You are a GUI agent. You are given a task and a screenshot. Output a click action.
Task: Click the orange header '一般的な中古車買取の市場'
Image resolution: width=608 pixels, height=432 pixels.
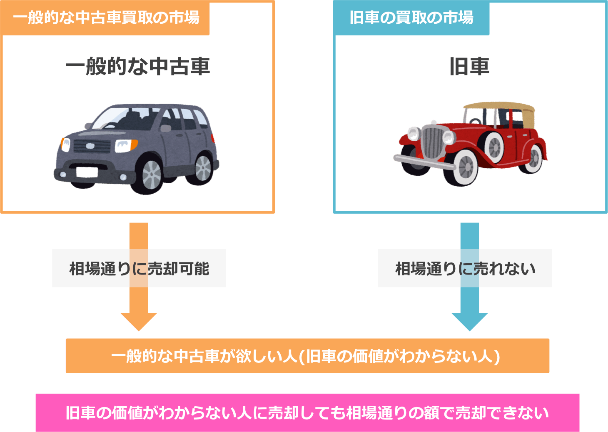pos(106,18)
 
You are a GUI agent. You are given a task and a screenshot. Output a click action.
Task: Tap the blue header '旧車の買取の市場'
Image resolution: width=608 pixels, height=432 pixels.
pos(411,18)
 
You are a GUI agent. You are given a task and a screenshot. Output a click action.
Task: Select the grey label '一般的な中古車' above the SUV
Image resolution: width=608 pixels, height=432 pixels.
pos(138,67)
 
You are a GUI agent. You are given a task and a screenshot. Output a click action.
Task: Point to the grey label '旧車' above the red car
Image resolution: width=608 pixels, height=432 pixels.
pos(469,67)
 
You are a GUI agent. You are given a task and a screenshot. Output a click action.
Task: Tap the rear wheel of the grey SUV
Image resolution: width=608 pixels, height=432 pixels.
pos(203,168)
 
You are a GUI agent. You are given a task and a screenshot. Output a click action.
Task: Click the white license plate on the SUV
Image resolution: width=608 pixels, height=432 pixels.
pos(87,172)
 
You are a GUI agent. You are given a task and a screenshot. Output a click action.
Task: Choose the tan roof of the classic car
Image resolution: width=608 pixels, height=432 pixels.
pos(500,107)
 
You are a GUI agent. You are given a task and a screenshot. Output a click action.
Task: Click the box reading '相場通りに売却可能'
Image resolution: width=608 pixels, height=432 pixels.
pos(139,268)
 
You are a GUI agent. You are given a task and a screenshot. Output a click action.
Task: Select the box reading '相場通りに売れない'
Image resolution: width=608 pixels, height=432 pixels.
pos(465,268)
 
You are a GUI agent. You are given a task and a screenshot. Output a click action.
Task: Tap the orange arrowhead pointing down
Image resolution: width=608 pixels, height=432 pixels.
pos(139,321)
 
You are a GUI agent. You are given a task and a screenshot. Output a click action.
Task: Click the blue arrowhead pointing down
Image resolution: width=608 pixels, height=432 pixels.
pos(469,321)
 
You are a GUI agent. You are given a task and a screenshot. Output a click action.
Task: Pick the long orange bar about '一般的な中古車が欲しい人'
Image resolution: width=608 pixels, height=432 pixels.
pos(307,356)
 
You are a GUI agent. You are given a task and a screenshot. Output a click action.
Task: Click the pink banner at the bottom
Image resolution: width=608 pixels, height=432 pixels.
pos(307,412)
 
